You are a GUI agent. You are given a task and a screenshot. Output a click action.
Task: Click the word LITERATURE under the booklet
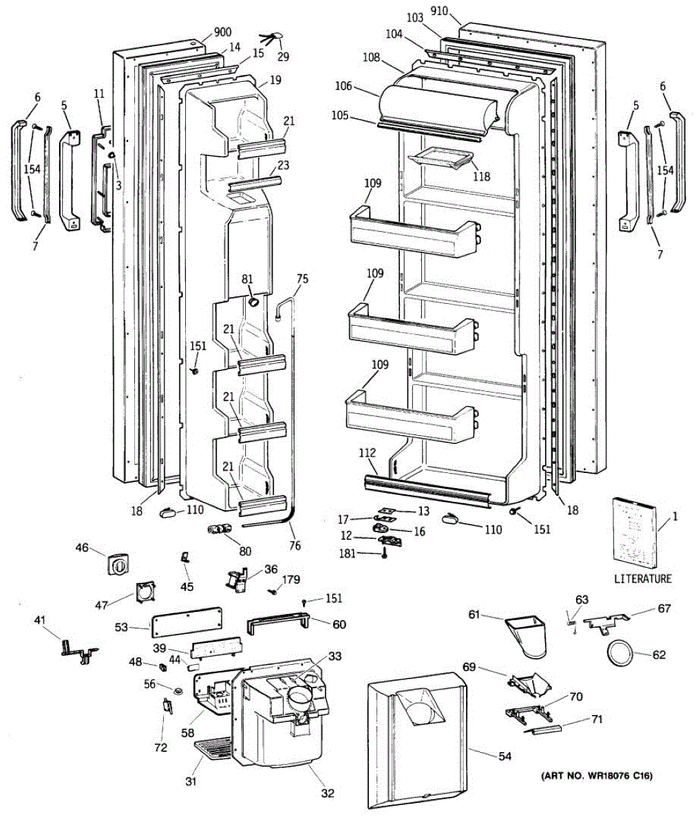click(x=642, y=579)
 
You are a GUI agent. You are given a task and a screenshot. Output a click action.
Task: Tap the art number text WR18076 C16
click(x=595, y=777)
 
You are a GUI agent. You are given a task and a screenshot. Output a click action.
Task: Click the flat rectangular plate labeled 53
click(x=187, y=622)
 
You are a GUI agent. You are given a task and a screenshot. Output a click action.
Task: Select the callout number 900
click(x=222, y=32)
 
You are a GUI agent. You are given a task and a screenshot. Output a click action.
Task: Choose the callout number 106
click(x=363, y=86)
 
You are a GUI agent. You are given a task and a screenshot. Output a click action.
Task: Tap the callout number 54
click(x=505, y=756)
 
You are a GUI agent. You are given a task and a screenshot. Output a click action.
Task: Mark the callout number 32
click(x=327, y=793)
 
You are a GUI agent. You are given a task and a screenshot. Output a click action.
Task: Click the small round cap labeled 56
click(x=177, y=690)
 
